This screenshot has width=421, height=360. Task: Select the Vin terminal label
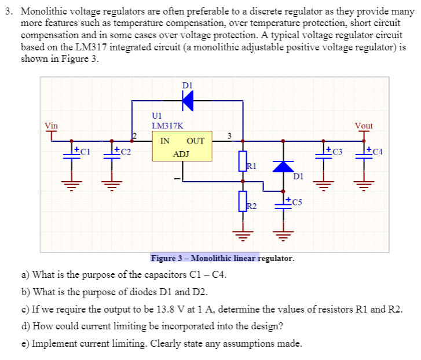coord(52,125)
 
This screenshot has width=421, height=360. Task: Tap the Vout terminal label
coord(364,125)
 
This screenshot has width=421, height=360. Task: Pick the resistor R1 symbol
coord(243,160)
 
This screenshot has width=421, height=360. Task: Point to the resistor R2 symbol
coord(243,201)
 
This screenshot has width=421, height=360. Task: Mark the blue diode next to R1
coord(283,166)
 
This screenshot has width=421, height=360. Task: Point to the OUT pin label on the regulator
coord(196,141)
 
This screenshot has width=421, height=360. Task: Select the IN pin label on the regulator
coord(165,141)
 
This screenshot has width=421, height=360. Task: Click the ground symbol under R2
coord(243,234)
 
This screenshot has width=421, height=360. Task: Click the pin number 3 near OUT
coord(229,135)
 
